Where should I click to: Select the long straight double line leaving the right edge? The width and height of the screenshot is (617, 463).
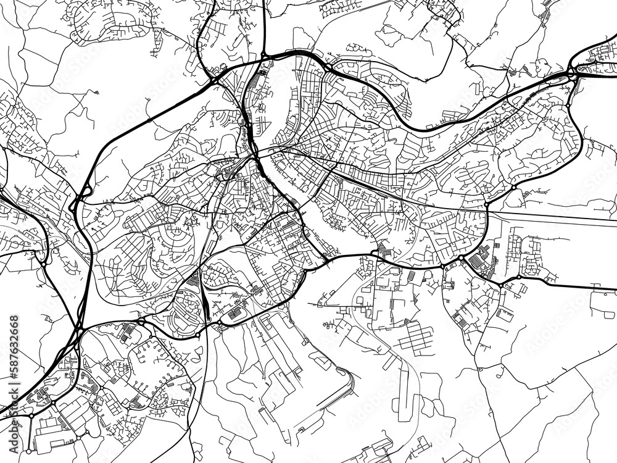pos(555,217)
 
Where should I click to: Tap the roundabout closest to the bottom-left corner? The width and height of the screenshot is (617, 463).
pos(31,416)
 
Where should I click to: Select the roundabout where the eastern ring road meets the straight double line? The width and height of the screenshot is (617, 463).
pos(487,204)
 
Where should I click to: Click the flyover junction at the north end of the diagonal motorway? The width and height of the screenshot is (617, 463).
pos(214,80)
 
